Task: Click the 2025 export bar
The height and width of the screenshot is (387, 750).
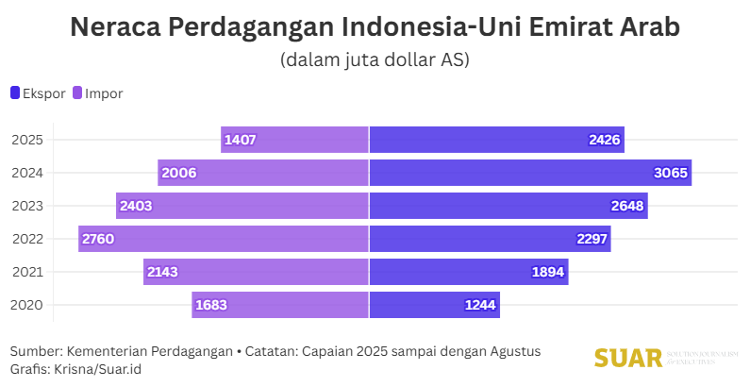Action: click(496, 140)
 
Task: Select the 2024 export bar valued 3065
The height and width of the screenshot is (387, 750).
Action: click(529, 173)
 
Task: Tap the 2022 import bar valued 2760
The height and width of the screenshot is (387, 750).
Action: click(223, 239)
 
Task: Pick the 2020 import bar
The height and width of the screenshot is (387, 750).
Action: click(279, 305)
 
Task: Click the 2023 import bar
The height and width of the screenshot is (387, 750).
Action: click(242, 206)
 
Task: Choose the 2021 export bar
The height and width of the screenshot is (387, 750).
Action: click(468, 272)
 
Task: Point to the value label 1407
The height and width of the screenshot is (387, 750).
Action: click(241, 140)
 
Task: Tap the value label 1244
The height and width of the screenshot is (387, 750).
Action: click(479, 305)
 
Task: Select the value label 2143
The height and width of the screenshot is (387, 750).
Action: click(162, 272)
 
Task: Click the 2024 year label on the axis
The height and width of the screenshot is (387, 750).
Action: click(26, 173)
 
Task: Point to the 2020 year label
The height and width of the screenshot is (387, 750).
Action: click(26, 305)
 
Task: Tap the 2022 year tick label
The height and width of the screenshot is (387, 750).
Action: click(26, 239)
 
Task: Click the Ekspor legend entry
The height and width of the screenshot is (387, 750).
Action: click(39, 93)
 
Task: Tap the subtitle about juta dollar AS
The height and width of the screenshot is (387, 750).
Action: click(375, 59)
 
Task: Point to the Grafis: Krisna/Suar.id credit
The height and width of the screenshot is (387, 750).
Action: click(75, 368)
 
